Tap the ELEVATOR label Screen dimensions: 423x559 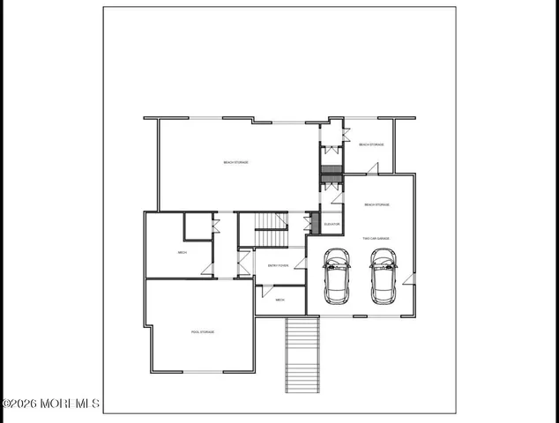332,224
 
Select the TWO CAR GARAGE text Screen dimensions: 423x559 376,238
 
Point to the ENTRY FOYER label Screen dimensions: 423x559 279,264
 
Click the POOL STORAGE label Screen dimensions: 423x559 203,331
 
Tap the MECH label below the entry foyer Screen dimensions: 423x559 279,300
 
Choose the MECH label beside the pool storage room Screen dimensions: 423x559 183,253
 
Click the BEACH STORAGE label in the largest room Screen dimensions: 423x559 235,162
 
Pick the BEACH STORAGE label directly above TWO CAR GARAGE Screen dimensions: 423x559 376,204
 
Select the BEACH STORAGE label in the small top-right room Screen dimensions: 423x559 370,144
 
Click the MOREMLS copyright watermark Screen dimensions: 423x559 50,404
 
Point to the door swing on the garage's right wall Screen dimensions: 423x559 408,280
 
